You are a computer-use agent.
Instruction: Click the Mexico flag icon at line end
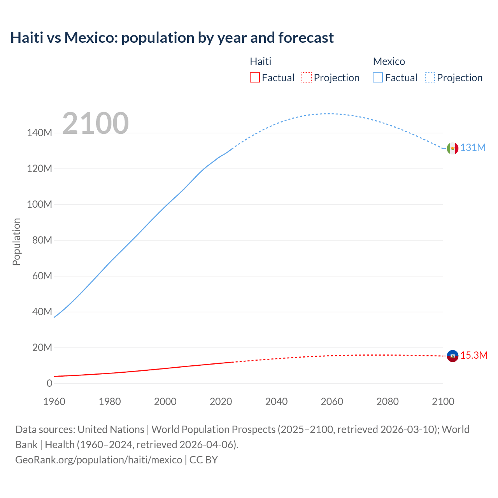(x=452, y=148)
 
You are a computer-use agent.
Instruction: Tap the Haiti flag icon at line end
(x=452, y=356)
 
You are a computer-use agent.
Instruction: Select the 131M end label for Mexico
(x=473, y=148)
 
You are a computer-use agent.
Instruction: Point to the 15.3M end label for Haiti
(x=474, y=356)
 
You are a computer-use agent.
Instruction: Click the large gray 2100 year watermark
(x=95, y=123)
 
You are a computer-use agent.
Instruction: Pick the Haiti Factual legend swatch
(x=255, y=78)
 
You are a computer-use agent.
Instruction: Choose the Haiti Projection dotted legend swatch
(x=307, y=78)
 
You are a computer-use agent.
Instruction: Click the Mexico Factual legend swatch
(x=378, y=78)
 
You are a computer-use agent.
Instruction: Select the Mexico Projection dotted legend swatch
(x=430, y=78)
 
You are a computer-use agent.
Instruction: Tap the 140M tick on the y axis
(x=39, y=133)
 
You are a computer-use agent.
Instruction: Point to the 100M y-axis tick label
(x=39, y=205)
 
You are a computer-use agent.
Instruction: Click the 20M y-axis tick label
(x=42, y=348)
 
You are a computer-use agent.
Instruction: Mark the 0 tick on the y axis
(x=49, y=384)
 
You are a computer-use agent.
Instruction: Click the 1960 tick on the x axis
(x=54, y=402)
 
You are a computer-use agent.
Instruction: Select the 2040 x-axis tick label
(x=277, y=402)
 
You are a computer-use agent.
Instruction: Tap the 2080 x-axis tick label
(x=388, y=402)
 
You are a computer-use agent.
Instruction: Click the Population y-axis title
(x=16, y=242)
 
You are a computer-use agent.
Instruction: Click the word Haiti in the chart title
(x=27, y=38)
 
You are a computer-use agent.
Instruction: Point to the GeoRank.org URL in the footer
(x=98, y=460)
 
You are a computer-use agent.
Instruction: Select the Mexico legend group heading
(x=389, y=61)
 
